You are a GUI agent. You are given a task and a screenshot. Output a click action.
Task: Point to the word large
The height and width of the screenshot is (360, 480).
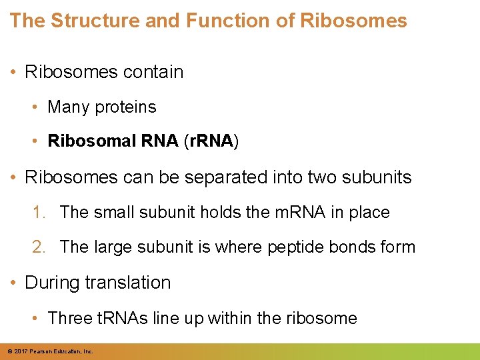114,247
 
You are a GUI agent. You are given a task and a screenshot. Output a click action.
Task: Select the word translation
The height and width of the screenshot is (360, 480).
128,282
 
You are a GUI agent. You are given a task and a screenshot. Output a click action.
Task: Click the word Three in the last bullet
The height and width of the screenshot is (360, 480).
69,318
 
